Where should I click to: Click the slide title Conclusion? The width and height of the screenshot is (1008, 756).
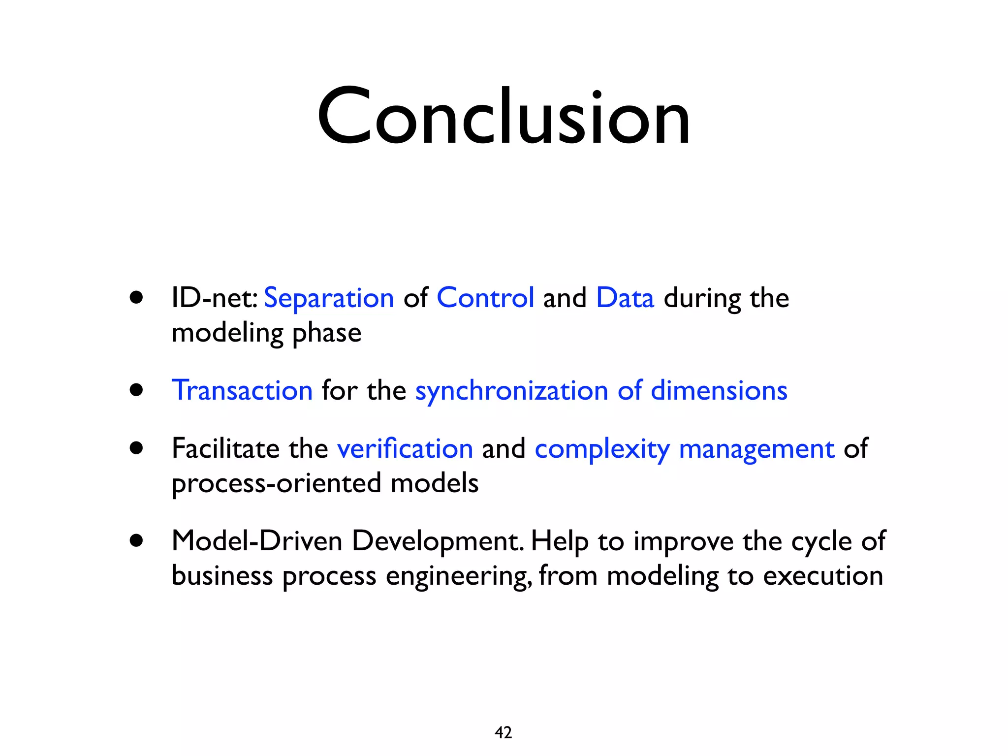coord(504,117)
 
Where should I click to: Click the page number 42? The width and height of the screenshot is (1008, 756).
coord(503,732)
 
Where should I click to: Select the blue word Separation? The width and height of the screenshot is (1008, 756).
coord(329,298)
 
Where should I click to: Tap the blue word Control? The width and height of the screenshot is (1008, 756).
coord(485,298)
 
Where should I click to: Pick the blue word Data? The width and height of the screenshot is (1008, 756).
coord(625,298)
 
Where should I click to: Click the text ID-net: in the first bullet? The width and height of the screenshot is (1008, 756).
coord(214,298)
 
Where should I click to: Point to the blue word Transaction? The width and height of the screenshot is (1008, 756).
coord(242,390)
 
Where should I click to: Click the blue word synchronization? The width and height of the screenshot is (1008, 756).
coord(512,391)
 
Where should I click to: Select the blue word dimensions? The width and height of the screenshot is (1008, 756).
coord(719,390)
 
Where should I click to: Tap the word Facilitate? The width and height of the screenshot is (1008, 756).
coord(225,448)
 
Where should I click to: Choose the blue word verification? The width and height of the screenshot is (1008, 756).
coord(405,448)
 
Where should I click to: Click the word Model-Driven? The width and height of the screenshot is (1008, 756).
coord(257,541)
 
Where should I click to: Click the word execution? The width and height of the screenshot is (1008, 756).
coord(823,575)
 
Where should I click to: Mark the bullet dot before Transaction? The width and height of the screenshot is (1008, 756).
coord(136,390)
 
